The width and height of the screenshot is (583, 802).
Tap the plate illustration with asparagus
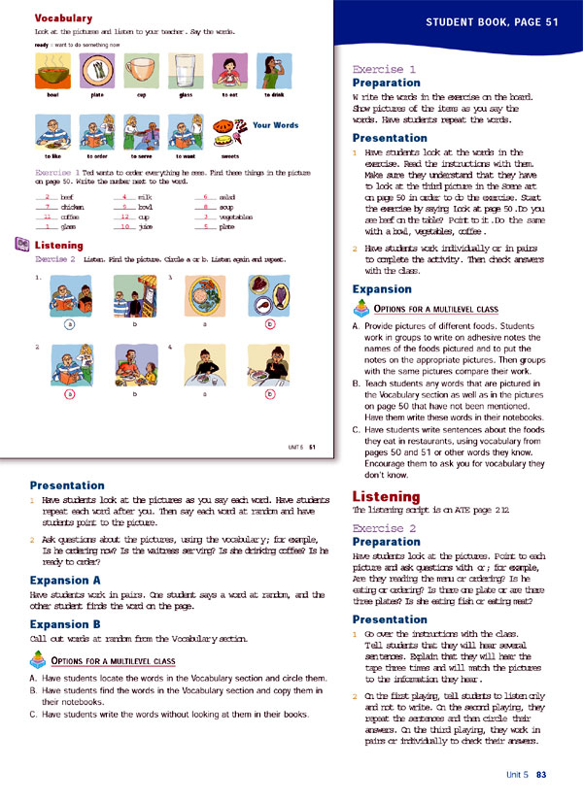pos(97,71)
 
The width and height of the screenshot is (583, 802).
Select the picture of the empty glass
pos(186,71)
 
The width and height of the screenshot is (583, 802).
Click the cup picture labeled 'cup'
pos(142,72)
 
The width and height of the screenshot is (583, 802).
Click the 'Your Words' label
pos(276,125)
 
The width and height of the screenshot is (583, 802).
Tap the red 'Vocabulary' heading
pos(63,18)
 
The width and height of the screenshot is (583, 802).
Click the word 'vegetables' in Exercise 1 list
pos(237,217)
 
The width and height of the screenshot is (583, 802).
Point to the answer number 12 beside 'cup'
pos(123,217)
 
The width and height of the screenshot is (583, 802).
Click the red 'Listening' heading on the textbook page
pos(65,246)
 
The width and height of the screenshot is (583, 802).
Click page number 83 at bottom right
pos(542,774)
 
